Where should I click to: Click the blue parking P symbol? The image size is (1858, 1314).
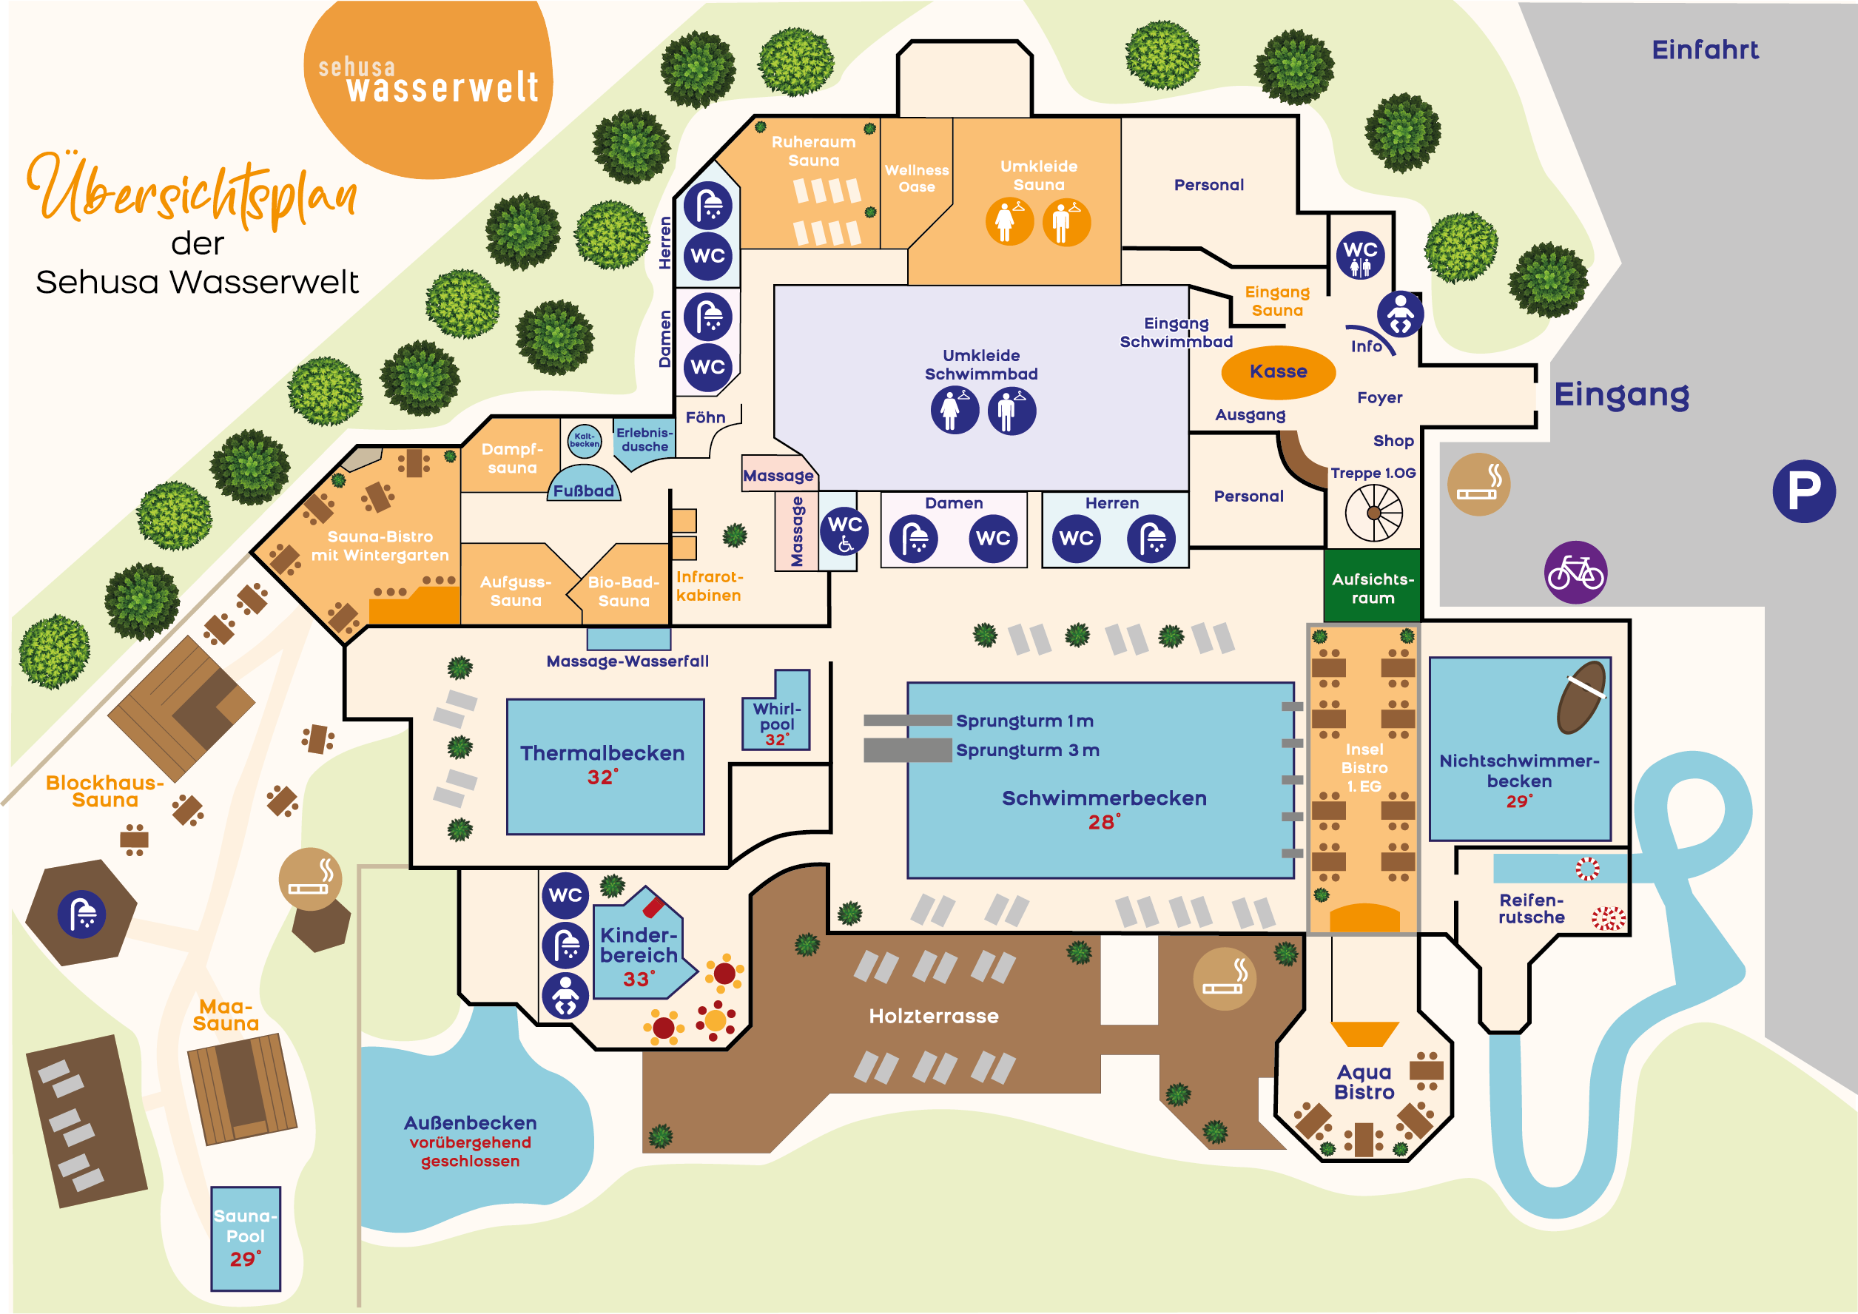pyautogui.click(x=1803, y=491)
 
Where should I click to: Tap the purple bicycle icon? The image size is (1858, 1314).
pyautogui.click(x=1575, y=572)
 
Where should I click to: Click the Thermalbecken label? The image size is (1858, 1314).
pyautogui.click(x=602, y=753)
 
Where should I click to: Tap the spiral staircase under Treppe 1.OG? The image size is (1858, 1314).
pyautogui.click(x=1373, y=513)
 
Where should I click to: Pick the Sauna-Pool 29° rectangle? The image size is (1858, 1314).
pyautogui.click(x=245, y=1238)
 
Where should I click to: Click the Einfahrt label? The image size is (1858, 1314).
pyautogui.click(x=1704, y=50)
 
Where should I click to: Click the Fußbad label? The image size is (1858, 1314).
pyautogui.click(x=584, y=491)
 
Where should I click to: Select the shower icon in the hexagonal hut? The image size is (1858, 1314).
pyautogui.click(x=81, y=914)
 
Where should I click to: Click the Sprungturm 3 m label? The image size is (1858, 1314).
pyautogui.click(x=1027, y=750)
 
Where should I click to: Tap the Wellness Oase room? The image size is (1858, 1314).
pyautogui.click(x=916, y=179)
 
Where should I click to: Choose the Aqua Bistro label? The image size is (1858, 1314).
pyautogui.click(x=1364, y=1082)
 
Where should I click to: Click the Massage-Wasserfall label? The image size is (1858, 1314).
pyautogui.click(x=627, y=661)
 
